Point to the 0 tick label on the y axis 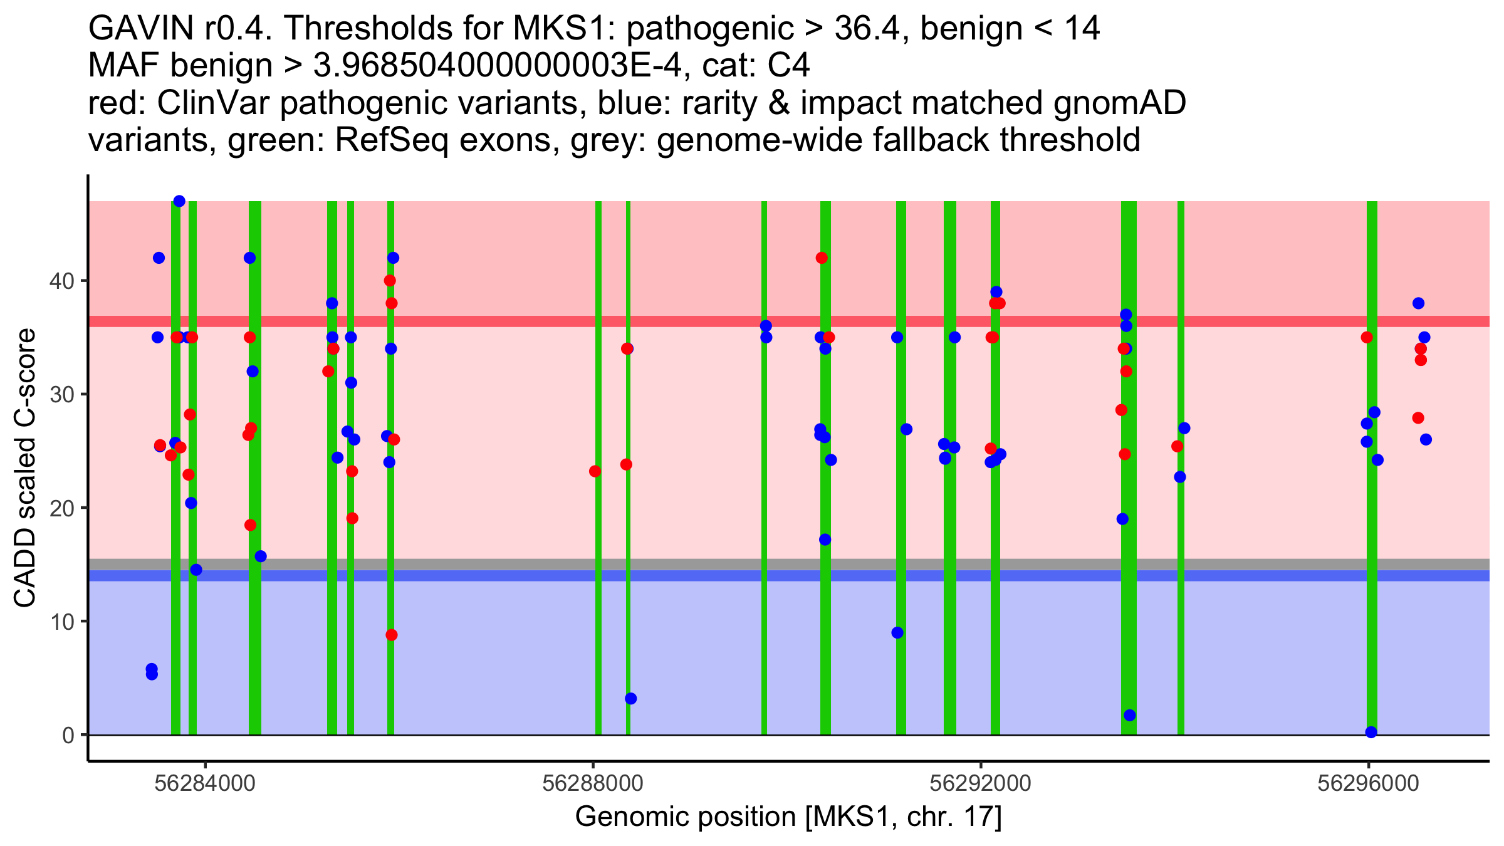pyautogui.click(x=68, y=735)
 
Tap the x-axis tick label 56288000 pyautogui.click(x=593, y=784)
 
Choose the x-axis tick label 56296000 pyautogui.click(x=1368, y=784)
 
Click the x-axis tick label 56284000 pyautogui.click(x=206, y=784)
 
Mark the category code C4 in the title pyautogui.click(x=788, y=65)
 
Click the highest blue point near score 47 pyautogui.click(x=179, y=201)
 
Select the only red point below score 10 pyautogui.click(x=392, y=635)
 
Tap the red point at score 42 pyautogui.click(x=822, y=258)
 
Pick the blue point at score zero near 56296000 pyautogui.click(x=1371, y=732)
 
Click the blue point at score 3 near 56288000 pyautogui.click(x=631, y=699)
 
